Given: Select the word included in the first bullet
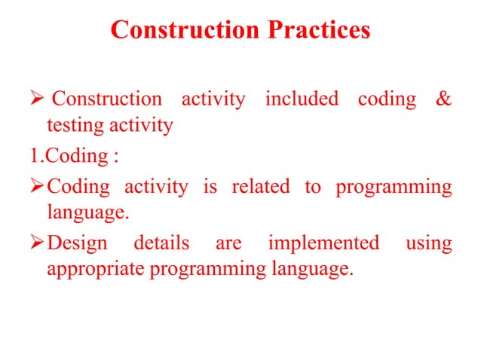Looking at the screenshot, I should pyautogui.click(x=302, y=99).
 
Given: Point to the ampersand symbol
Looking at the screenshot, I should pyautogui.click(x=444, y=99).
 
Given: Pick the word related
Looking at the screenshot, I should pyautogui.click(x=260, y=187).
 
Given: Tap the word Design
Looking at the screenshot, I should pyautogui.click(x=77, y=243).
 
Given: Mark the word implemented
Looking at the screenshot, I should pyautogui.click(x=323, y=243).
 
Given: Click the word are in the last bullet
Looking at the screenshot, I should pyautogui.click(x=228, y=244).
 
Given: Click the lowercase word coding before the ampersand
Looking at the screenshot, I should pyautogui.click(x=386, y=99).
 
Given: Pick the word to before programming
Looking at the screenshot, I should pyautogui.click(x=312, y=187).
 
